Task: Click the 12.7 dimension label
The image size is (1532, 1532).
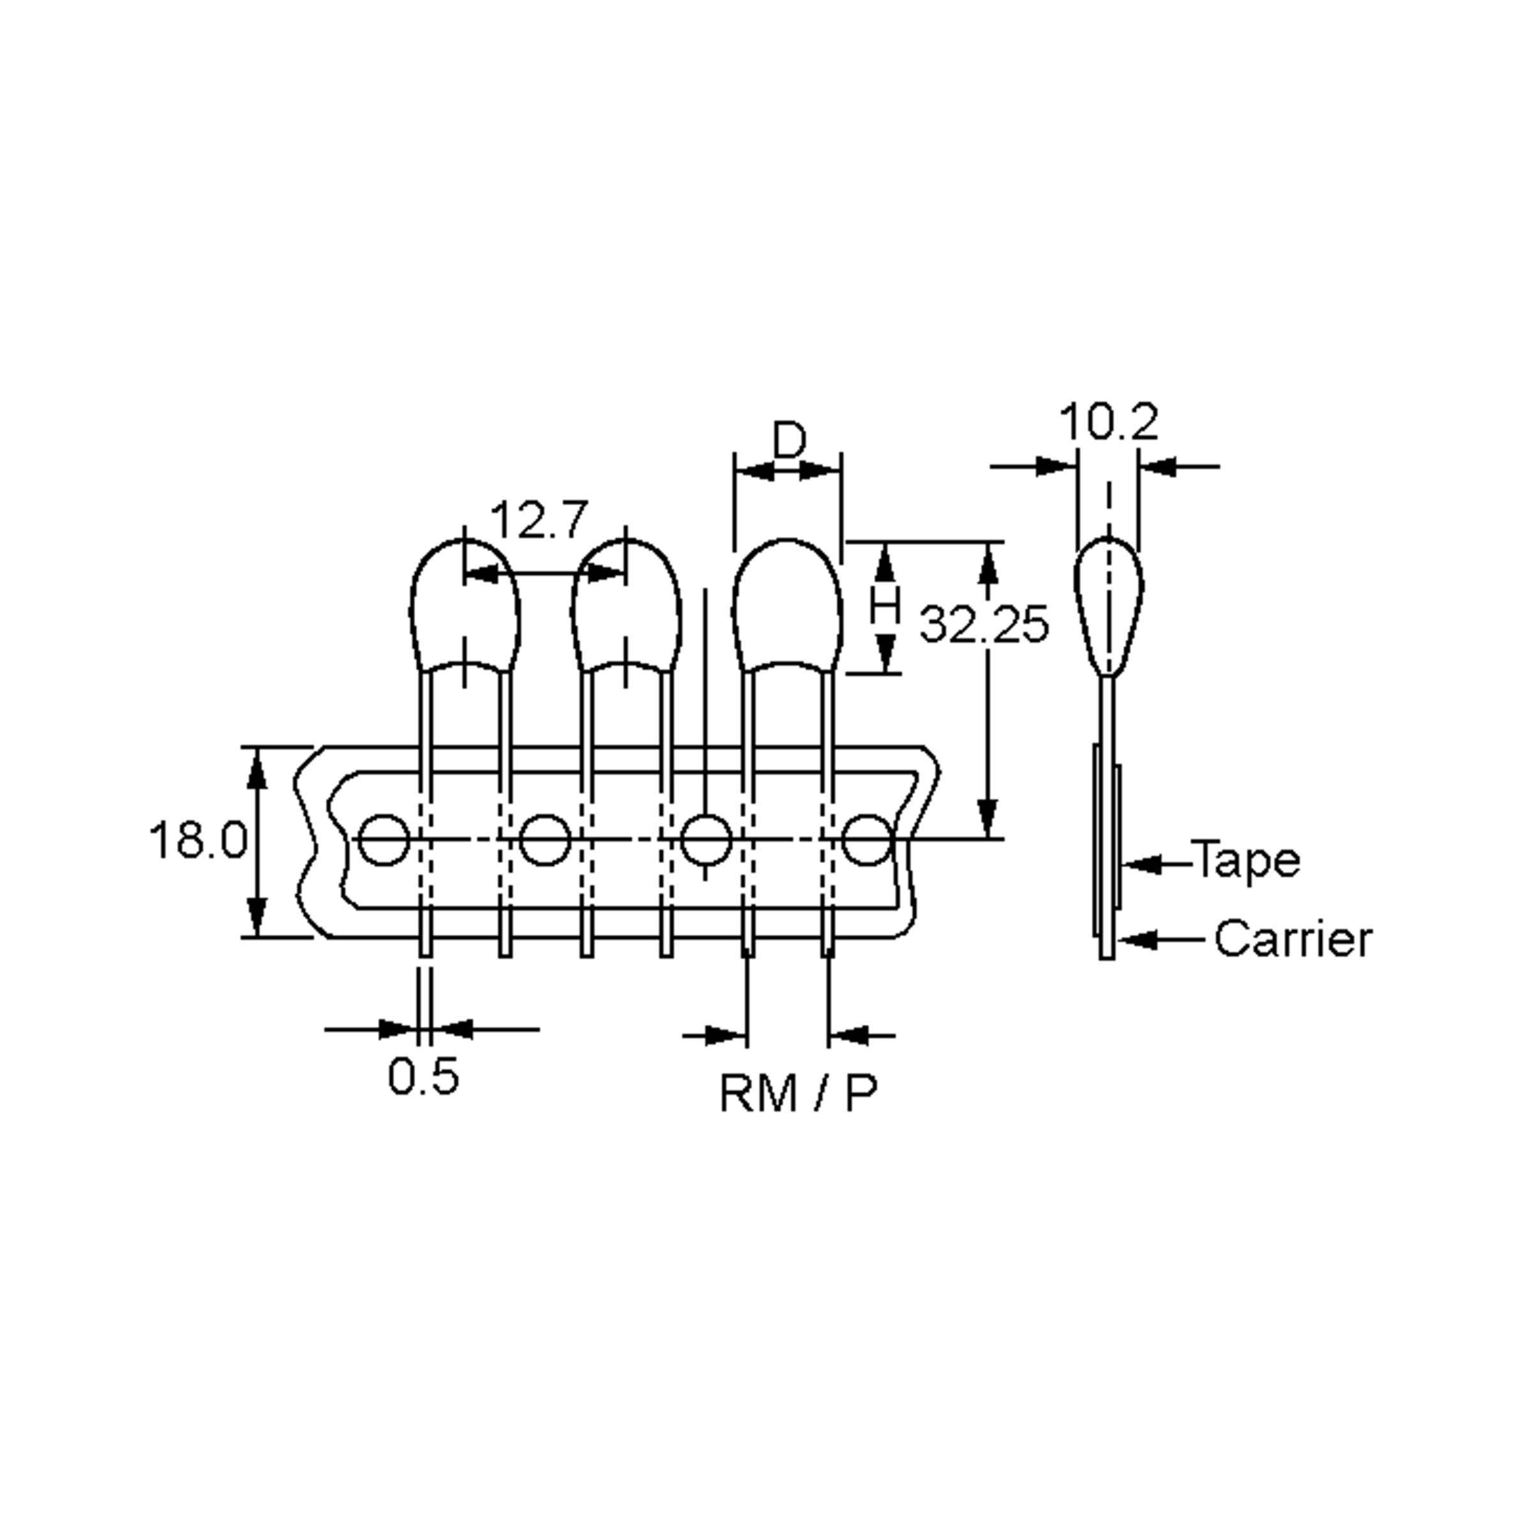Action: (539, 520)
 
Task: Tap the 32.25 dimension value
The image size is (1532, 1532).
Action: (983, 624)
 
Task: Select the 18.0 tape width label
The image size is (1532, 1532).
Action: (199, 840)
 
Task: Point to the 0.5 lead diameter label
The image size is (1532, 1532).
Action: (423, 1077)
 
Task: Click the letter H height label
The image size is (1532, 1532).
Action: (885, 606)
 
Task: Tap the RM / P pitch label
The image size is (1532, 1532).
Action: (798, 1093)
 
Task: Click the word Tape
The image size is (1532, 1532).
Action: (1246, 860)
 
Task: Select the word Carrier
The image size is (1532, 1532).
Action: (1293, 939)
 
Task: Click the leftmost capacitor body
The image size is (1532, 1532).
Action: (465, 606)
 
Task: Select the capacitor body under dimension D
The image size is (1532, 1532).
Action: (786, 606)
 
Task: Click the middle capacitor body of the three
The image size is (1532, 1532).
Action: (626, 606)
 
